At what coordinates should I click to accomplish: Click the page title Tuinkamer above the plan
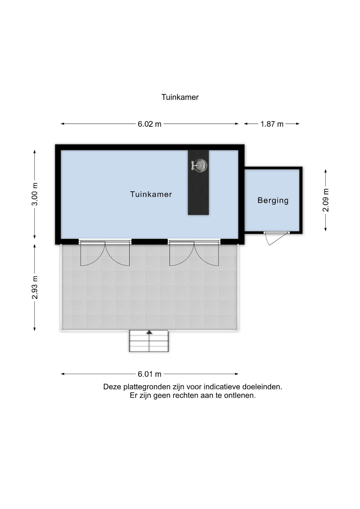coord(180,97)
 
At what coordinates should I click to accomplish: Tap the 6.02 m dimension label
coord(150,124)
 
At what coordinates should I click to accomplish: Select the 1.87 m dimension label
coord(272,124)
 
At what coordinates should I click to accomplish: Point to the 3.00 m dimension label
coord(35,194)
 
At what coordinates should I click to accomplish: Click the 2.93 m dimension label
coord(35,287)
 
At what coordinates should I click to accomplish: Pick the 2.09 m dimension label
coord(326,200)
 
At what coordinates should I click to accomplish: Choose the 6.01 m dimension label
coord(150,374)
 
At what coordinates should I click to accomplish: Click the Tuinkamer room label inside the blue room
coord(151,194)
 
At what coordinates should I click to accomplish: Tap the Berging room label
coord(273,200)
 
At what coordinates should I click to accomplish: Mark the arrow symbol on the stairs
coord(149,332)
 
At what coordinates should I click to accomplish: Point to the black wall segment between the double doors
coord(150,242)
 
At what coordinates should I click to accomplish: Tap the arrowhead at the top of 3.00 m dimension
coord(34,152)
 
